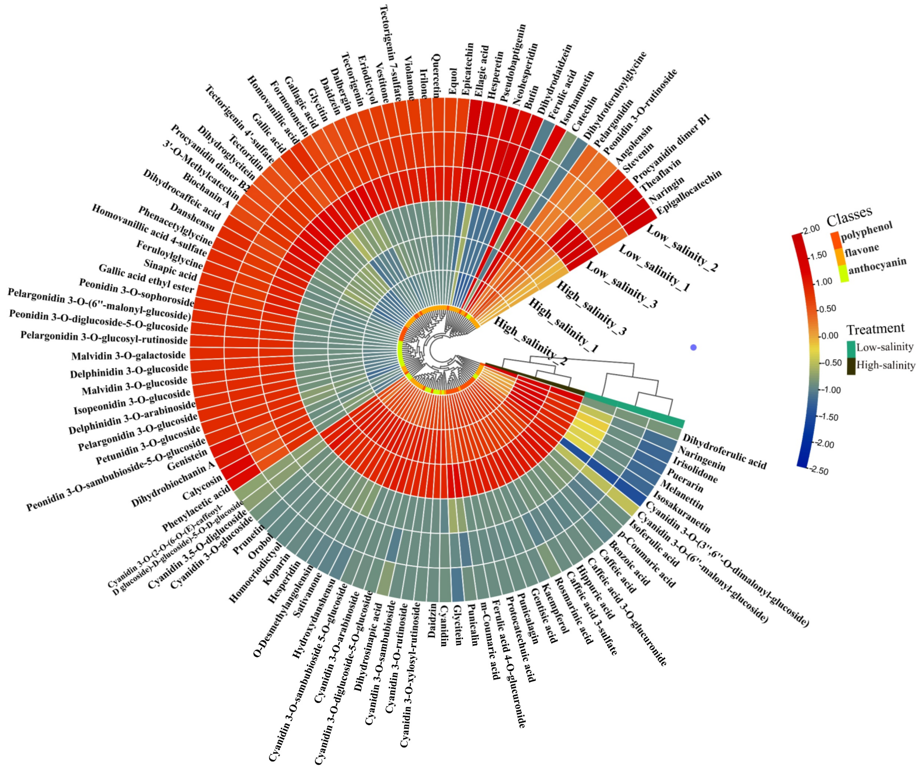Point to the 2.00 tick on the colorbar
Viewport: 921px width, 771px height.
click(x=811, y=229)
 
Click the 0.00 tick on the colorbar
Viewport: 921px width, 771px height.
click(x=829, y=336)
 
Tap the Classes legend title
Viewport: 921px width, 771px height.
click(x=849, y=214)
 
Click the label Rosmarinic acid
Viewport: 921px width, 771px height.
click(x=574, y=611)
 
